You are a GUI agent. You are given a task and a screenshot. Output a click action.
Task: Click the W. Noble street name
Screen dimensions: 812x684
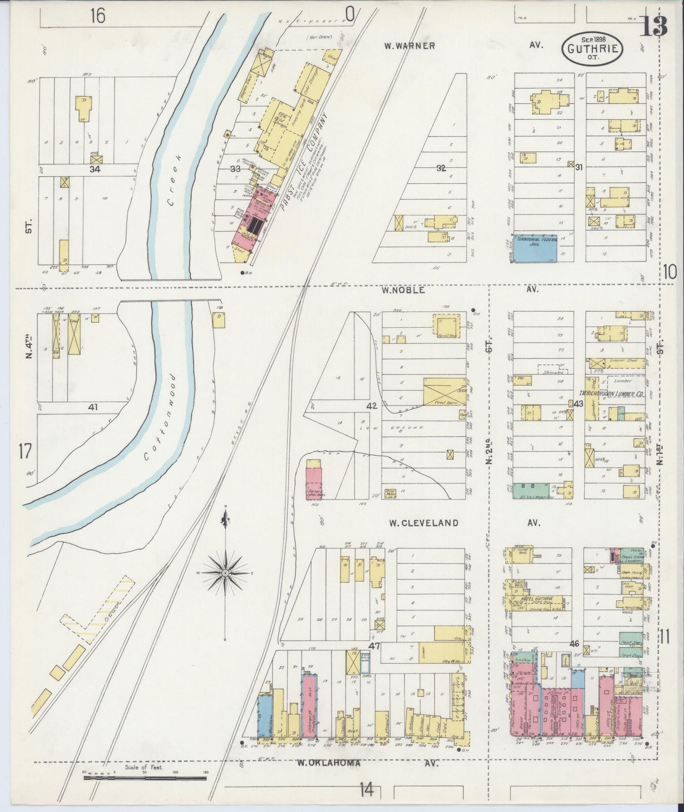click(404, 290)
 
